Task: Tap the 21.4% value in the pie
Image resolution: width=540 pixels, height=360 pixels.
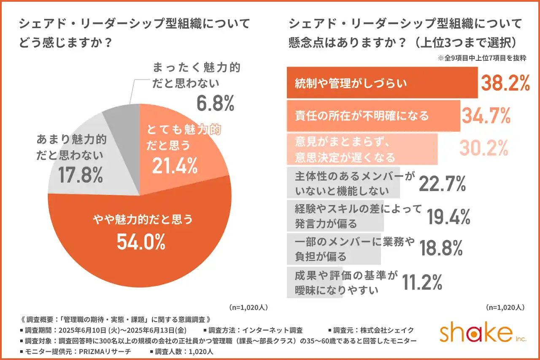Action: tap(175, 166)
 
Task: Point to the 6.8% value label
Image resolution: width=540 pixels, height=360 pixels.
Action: tap(215, 103)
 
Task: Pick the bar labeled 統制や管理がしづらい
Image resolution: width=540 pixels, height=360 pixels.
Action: tap(382, 83)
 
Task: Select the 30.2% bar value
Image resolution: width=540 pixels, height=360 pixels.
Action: tap(483, 148)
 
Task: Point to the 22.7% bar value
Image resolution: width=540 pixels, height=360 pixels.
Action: tap(442, 183)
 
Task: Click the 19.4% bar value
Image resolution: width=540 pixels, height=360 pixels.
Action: tap(448, 217)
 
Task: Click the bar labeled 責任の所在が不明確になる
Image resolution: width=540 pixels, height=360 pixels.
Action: tap(373, 115)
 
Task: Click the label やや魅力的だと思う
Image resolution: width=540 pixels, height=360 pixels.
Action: tap(143, 219)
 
